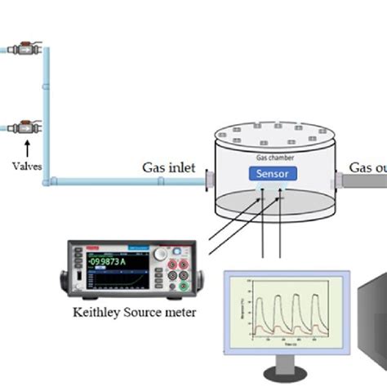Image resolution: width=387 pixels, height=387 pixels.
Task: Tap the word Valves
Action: (26, 167)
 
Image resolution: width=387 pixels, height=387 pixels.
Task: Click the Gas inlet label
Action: (169, 167)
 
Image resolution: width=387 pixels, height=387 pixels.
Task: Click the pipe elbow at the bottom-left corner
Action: (51, 180)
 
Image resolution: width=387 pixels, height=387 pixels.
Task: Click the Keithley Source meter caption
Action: (135, 311)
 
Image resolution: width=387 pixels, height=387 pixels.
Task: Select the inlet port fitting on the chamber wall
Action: (211, 179)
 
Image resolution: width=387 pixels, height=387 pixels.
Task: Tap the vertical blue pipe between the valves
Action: (47, 106)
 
